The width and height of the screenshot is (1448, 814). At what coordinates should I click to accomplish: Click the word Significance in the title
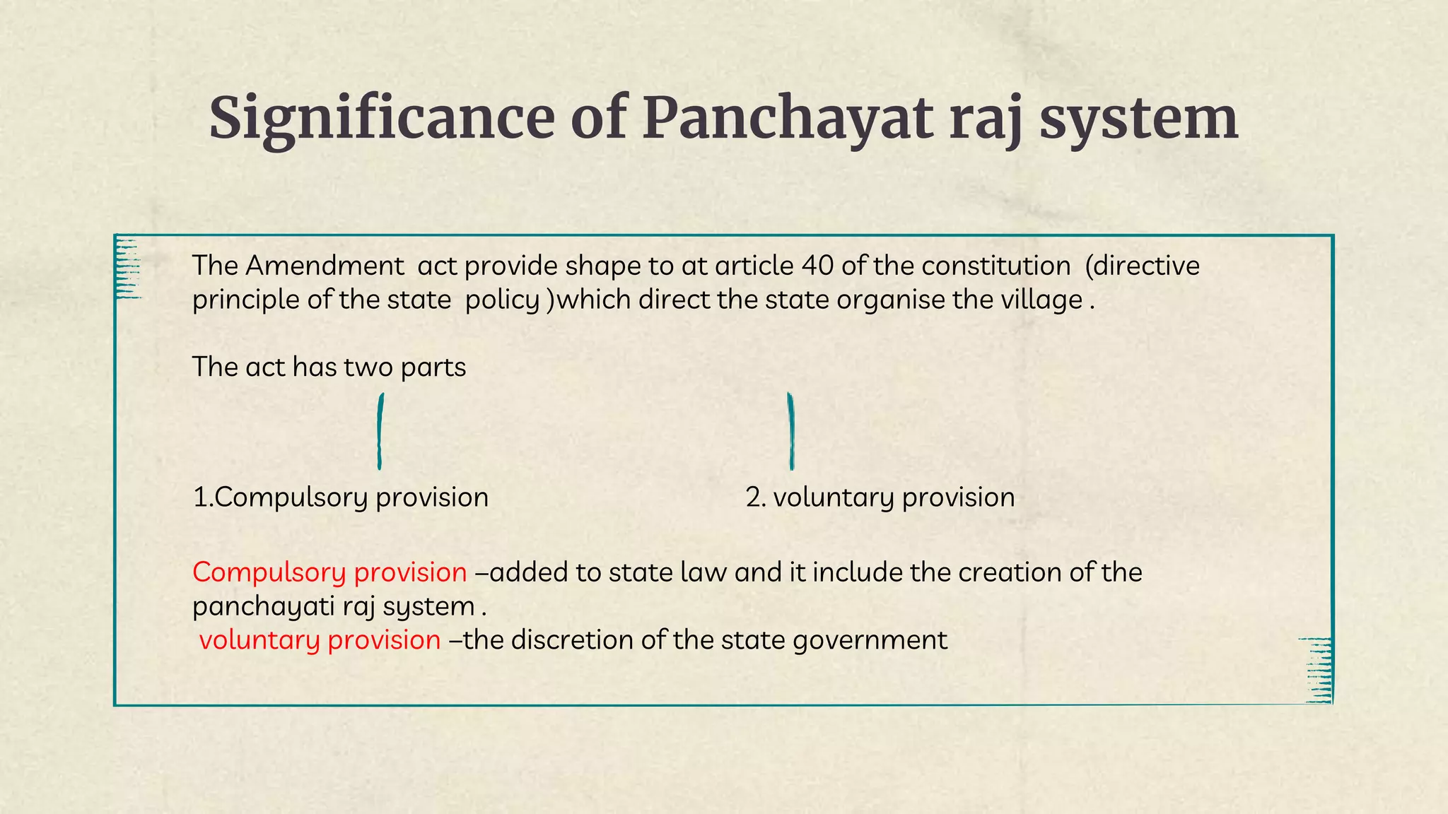[382, 119]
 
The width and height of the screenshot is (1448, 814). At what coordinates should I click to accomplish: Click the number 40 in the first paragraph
[817, 266]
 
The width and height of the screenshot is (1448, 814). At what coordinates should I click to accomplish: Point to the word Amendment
[325, 266]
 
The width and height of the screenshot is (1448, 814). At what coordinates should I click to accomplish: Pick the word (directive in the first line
[1142, 266]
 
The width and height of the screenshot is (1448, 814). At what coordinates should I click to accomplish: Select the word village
[1041, 300]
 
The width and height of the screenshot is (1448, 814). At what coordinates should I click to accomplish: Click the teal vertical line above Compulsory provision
[380, 431]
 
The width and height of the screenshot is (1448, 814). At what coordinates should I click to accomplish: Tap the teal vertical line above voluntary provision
[791, 431]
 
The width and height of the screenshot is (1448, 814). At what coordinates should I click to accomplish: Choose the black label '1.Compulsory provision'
[341, 497]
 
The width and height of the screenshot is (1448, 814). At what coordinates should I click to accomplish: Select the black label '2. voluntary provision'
[880, 497]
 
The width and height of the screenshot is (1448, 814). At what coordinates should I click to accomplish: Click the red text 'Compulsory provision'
[329, 572]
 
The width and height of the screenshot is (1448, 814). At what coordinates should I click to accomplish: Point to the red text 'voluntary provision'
[320, 640]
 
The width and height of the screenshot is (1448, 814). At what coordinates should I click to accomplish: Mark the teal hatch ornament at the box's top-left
[128, 269]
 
